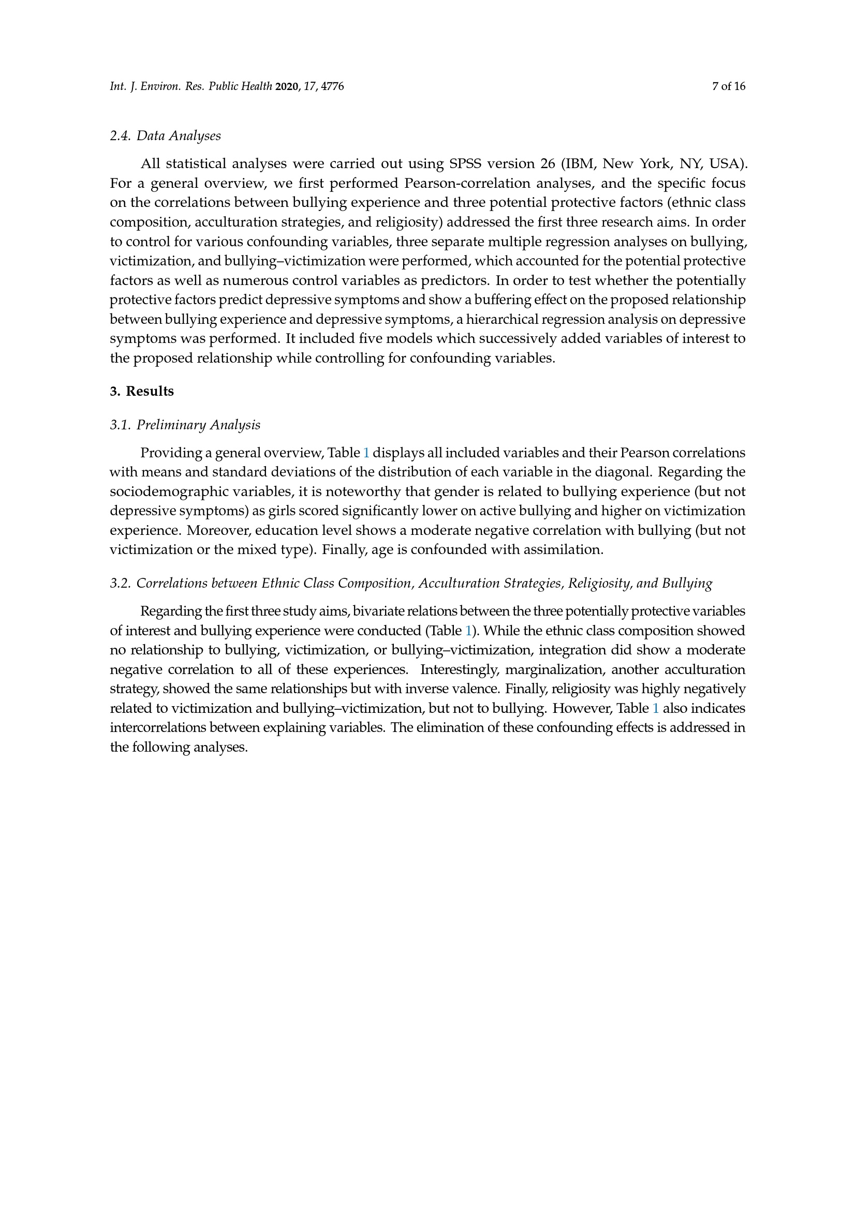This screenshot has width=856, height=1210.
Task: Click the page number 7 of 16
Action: point(729,86)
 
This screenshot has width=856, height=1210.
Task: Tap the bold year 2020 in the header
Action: point(286,86)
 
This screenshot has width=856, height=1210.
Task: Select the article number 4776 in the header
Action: point(333,86)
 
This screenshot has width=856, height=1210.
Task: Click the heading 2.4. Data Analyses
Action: point(165,136)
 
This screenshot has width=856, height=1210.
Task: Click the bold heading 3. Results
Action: point(142,392)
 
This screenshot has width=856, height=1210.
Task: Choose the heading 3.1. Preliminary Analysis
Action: point(185,425)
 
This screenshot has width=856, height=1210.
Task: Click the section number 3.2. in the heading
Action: point(120,584)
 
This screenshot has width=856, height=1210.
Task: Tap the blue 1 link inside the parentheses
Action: point(468,631)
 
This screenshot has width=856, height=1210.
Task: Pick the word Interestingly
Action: point(458,670)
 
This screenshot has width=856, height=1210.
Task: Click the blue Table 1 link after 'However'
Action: point(656,708)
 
